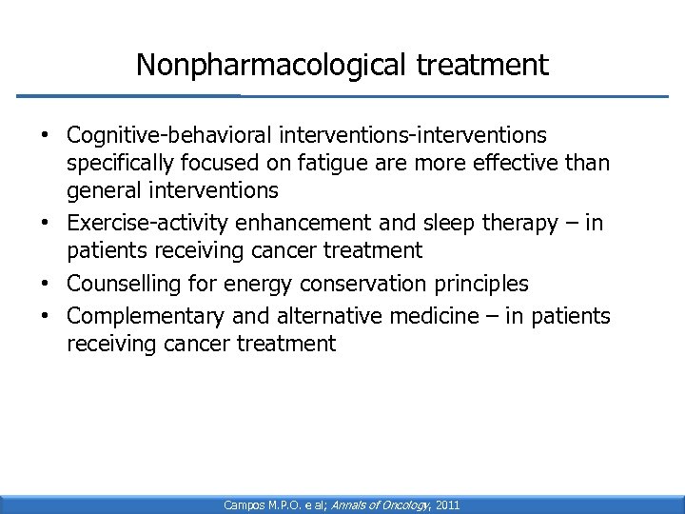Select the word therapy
click(514, 225)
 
